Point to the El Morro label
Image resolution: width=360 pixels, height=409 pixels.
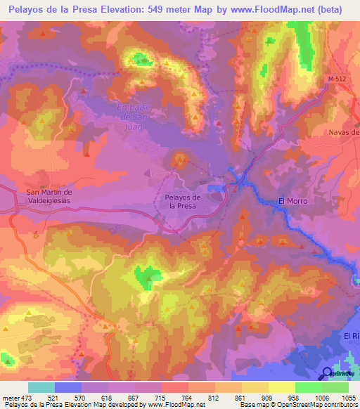[293, 201]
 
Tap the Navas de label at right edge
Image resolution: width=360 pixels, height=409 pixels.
[345, 132]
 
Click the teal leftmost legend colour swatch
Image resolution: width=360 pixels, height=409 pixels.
[41, 387]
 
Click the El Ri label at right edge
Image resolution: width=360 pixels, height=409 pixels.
[352, 337]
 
